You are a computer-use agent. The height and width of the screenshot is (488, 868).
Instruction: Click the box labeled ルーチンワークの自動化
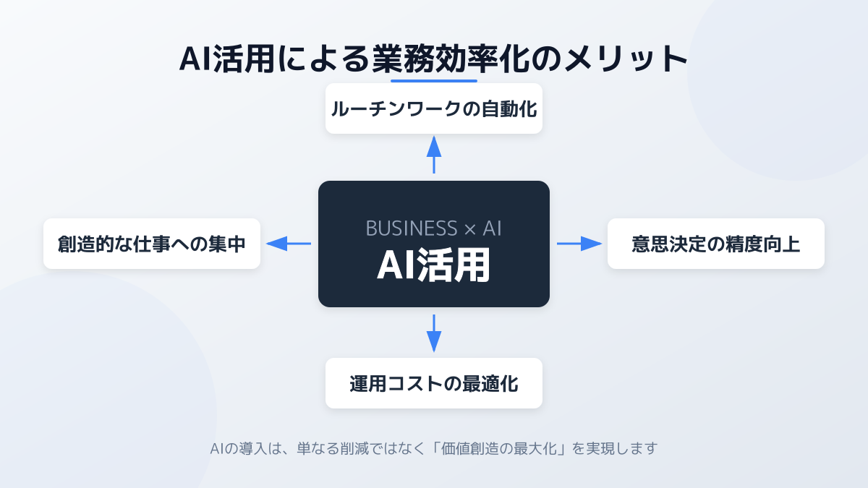pos(434,108)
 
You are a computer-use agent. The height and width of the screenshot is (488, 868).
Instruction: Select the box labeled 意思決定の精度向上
pos(716,244)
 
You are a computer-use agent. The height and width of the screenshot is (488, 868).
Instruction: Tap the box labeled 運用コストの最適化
pos(434,383)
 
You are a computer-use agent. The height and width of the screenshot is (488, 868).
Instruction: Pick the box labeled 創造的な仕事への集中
pos(152,244)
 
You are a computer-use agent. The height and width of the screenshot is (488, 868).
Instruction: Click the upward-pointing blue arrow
pos(434,154)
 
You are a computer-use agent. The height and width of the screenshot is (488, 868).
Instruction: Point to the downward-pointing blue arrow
pos(434,333)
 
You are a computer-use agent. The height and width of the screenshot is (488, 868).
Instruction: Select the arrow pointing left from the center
pos(289,244)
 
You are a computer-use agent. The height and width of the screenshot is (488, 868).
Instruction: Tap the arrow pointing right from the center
pos(579,244)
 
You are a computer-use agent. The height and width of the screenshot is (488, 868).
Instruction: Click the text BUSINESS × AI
pos(434,228)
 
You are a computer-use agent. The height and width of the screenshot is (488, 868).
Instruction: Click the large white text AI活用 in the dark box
pos(434,265)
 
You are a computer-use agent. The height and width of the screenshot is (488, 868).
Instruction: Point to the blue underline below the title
pos(434,80)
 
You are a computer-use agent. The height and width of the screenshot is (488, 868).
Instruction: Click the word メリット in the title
pos(620,59)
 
